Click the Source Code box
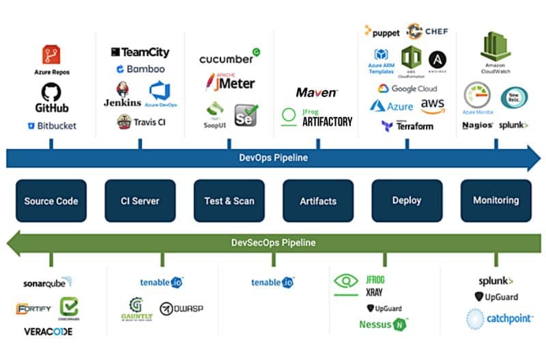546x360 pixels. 51,201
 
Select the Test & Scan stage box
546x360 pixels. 229,201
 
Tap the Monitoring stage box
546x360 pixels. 495,201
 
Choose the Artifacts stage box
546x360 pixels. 318,201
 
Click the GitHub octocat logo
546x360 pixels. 51,92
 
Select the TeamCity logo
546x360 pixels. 140,53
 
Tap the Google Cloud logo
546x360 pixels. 407,89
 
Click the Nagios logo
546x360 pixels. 477,125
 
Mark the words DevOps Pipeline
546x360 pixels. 273,158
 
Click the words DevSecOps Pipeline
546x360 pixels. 273,243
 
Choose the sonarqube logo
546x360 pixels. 48,282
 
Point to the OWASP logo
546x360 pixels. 181,309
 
